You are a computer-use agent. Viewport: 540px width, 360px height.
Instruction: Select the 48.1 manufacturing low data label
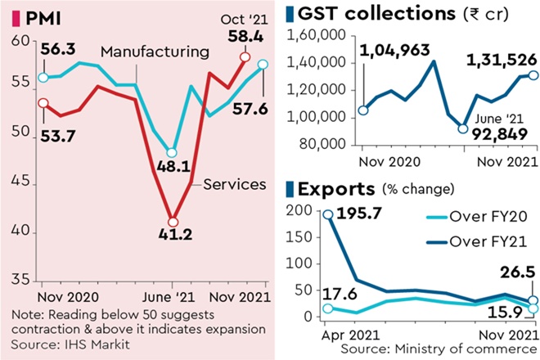coord(173,168)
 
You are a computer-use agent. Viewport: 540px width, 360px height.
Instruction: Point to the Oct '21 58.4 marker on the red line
coord(244,57)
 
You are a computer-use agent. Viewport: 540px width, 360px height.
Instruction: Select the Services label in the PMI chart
coord(234,184)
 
